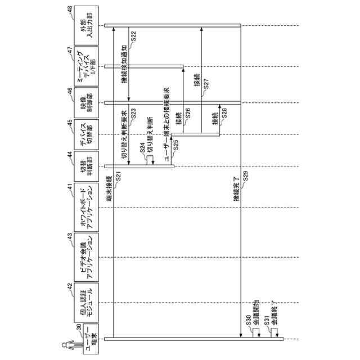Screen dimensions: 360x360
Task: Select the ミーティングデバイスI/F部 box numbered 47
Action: (86, 66)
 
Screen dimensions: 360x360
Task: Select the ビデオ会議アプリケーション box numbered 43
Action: (86, 256)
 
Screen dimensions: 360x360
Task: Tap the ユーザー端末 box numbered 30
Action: (86, 340)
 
